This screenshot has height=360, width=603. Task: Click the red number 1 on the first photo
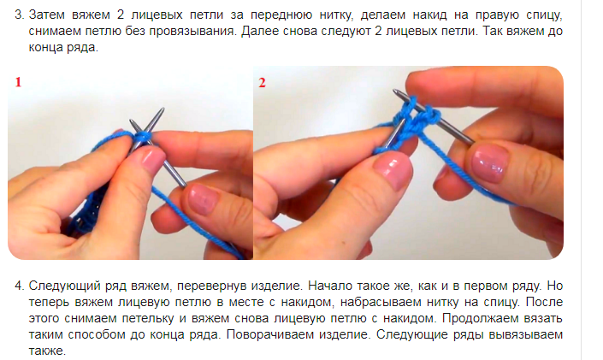[18, 82]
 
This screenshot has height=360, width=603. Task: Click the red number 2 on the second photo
[263, 83]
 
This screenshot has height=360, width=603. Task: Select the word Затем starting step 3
[48, 15]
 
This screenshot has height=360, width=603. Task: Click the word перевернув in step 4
[212, 286]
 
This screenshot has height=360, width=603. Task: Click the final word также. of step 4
[47, 351]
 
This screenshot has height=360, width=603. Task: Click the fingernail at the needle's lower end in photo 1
[203, 199]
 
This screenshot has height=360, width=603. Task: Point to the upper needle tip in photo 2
[393, 91]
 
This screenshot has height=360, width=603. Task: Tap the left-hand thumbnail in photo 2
[393, 169]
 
